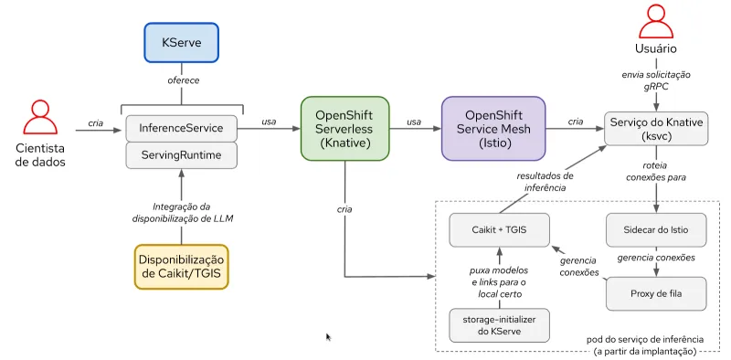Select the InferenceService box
[181, 127]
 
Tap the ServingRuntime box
[181, 155]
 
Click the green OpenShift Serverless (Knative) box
[344, 129]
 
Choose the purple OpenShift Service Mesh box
[493, 129]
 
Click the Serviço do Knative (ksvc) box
[656, 129]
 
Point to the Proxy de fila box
[656, 293]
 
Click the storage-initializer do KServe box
[499, 324]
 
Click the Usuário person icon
[656, 22]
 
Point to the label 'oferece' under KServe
[181, 80]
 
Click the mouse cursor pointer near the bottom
[329, 337]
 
